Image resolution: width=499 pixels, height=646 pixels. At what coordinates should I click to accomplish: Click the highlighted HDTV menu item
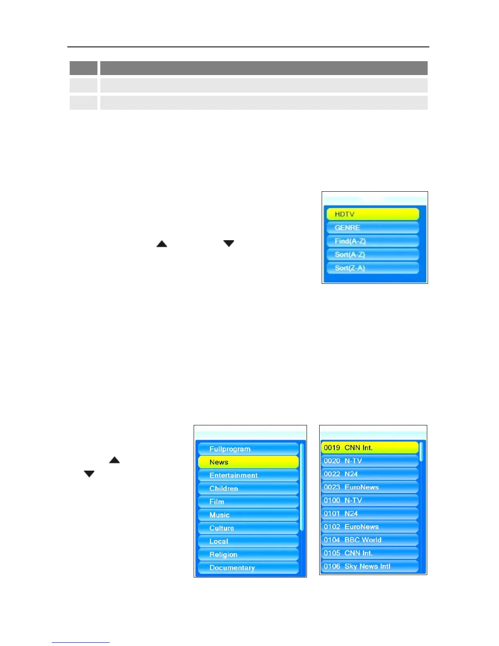pyautogui.click(x=373, y=214)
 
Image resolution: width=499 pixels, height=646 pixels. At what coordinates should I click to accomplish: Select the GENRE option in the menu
pyautogui.click(x=373, y=228)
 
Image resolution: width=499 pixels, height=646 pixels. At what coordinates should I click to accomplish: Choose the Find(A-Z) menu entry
pyautogui.click(x=373, y=241)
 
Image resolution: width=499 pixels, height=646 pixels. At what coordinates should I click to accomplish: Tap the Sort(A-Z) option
pyautogui.click(x=373, y=254)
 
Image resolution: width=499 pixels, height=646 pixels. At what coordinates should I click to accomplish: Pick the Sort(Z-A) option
pyautogui.click(x=373, y=268)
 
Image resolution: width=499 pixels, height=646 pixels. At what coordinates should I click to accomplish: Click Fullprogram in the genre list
pyautogui.click(x=248, y=449)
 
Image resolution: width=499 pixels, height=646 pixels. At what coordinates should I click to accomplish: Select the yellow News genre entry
pyautogui.click(x=248, y=462)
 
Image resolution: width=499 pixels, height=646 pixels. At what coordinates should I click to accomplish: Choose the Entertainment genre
pyautogui.click(x=248, y=476)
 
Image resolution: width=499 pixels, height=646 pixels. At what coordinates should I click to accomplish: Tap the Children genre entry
pyautogui.click(x=248, y=489)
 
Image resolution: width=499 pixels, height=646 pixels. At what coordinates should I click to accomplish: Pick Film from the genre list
pyautogui.click(x=248, y=502)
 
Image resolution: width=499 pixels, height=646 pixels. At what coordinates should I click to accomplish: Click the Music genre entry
pyautogui.click(x=248, y=515)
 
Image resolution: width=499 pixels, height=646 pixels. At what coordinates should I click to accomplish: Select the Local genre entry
pyautogui.click(x=248, y=542)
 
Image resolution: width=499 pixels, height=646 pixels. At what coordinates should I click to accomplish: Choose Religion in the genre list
pyautogui.click(x=248, y=555)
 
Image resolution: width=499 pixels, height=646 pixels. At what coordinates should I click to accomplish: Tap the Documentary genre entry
pyautogui.click(x=248, y=568)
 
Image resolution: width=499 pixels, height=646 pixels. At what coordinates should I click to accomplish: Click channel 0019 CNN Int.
pyautogui.click(x=369, y=448)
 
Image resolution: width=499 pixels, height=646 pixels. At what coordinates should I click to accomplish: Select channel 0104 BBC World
pyautogui.click(x=369, y=540)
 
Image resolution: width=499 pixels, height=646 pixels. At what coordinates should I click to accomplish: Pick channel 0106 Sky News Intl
pyautogui.click(x=369, y=566)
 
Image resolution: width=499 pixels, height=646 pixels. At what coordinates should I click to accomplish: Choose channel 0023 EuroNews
pyautogui.click(x=369, y=487)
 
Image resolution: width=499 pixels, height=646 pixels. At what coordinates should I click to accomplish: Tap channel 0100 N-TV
pyautogui.click(x=369, y=500)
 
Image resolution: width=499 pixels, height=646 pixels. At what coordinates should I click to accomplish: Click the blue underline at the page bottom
pyautogui.click(x=81, y=642)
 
